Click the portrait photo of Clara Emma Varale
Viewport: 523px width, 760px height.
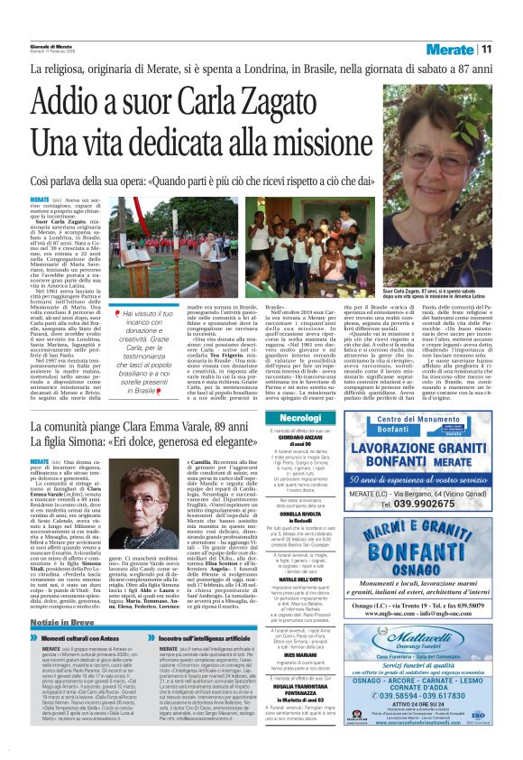[x=100, y=551]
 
